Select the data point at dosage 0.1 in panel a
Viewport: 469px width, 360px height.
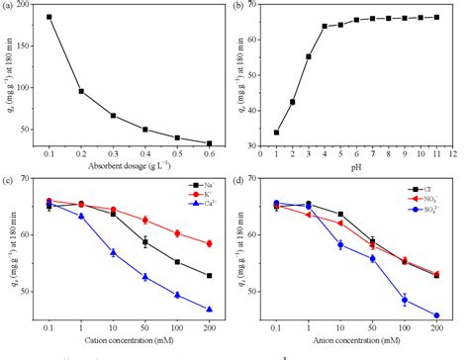[x=49, y=17]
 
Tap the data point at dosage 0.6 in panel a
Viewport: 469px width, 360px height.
[x=209, y=143]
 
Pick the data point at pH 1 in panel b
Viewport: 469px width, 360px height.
[x=276, y=133]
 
